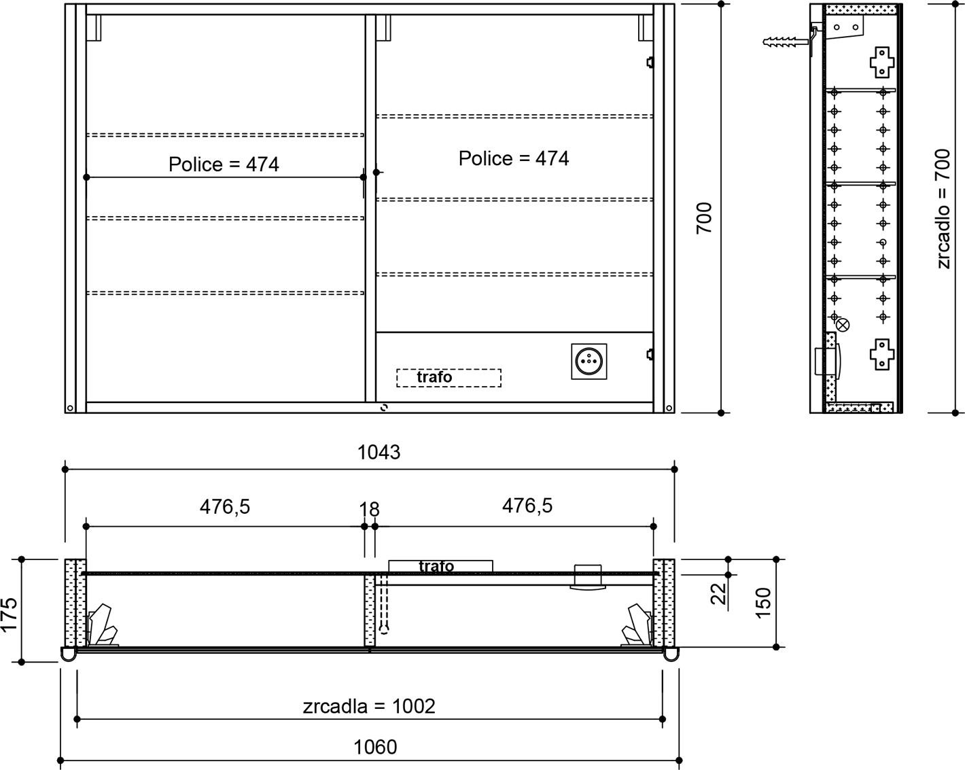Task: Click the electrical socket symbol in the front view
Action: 589,361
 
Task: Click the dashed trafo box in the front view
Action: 449,378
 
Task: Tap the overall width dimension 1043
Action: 379,452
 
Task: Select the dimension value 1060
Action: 375,747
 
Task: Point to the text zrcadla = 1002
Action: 368,706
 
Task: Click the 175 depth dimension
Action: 10,615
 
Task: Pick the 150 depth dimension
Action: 762,603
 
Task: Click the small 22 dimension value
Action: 719,594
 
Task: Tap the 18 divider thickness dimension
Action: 369,510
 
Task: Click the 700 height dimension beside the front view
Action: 704,218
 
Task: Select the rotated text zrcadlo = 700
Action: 943,209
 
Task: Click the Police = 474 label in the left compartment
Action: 224,164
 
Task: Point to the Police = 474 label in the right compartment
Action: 514,158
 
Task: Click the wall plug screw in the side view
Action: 785,42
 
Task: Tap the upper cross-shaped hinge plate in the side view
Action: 882,63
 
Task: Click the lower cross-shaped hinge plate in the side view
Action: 882,354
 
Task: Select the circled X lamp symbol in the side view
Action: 843,325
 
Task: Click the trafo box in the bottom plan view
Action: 441,566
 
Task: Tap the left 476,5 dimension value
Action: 225,507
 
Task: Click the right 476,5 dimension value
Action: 527,506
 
